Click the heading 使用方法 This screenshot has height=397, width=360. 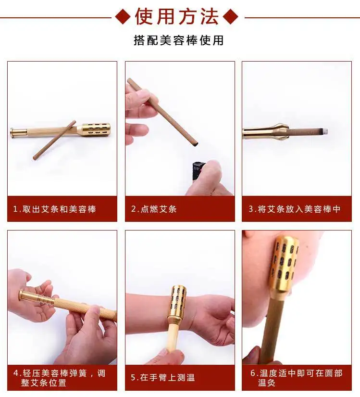pyautogui.click(x=177, y=17)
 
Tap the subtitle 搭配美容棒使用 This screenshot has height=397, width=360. pyautogui.click(x=179, y=40)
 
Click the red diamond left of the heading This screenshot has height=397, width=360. pyautogui.click(x=123, y=17)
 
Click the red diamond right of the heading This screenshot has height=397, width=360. pyautogui.click(x=231, y=17)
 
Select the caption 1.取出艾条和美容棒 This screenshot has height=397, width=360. pyautogui.click(x=55, y=209)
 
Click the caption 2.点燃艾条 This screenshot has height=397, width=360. pyautogui.click(x=154, y=209)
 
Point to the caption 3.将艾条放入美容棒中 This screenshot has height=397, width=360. pyautogui.click(x=295, y=209)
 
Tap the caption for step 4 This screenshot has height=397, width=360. pyautogui.click(x=60, y=378)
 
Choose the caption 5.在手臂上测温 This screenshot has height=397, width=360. pyautogui.click(x=163, y=377)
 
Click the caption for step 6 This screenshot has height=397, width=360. pyautogui.click(x=296, y=378)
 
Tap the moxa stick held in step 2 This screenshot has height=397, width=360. pyautogui.click(x=162, y=112)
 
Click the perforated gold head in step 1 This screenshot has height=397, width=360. pyautogui.click(x=94, y=130)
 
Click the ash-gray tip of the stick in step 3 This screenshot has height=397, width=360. pyautogui.click(x=325, y=131)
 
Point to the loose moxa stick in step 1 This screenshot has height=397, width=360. pyautogui.click(x=54, y=140)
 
